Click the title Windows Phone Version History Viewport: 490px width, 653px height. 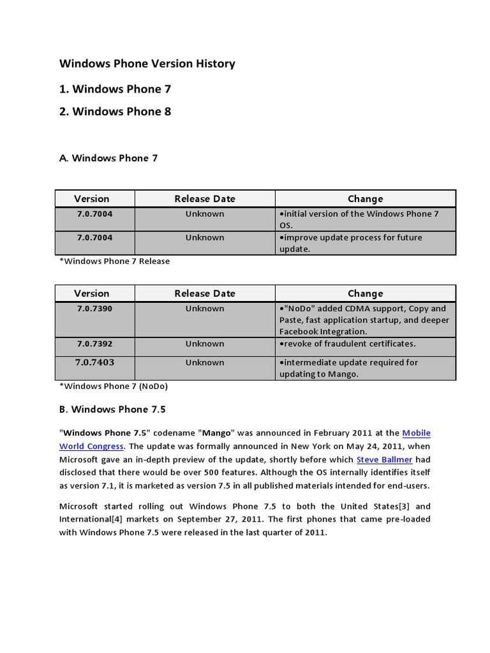[x=147, y=64]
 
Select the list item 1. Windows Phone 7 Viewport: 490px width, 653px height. [x=115, y=89]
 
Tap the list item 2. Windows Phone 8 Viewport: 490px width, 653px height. [x=115, y=112]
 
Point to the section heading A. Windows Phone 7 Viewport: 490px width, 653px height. [x=108, y=158]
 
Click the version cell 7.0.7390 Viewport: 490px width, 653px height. [x=94, y=309]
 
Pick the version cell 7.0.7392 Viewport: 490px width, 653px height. [x=94, y=344]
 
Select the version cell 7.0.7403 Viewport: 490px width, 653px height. [x=94, y=362]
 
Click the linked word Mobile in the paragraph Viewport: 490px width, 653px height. [x=417, y=433]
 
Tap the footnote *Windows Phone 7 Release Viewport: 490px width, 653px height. [x=114, y=261]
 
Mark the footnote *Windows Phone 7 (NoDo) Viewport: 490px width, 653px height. [x=114, y=386]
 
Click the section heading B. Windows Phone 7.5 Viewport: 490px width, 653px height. [x=112, y=409]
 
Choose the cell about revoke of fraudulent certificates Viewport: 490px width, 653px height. [x=348, y=344]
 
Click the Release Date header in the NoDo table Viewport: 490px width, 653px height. [x=205, y=293]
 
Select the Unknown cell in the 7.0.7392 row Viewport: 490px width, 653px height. [x=205, y=344]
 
